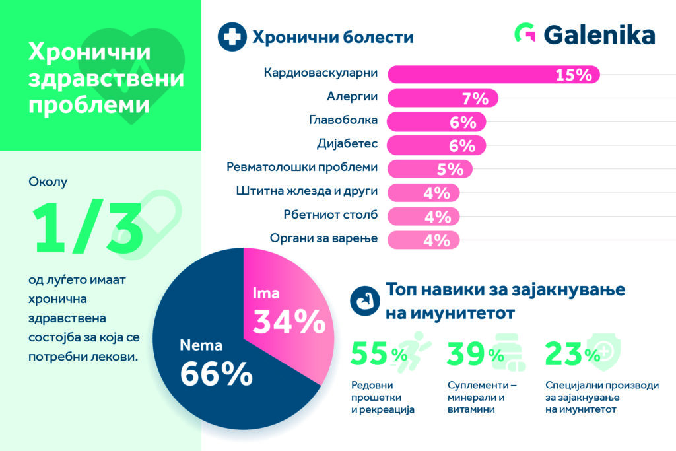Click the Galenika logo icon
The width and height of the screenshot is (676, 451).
click(x=525, y=35)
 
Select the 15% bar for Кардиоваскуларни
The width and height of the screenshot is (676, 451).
click(x=492, y=75)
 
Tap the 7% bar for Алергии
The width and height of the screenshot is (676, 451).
click(x=442, y=98)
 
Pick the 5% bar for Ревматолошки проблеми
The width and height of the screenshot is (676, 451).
click(x=429, y=169)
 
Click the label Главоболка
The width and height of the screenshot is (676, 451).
click(x=343, y=121)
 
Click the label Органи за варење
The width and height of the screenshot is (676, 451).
click(x=324, y=238)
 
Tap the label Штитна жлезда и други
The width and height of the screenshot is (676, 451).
click(x=306, y=191)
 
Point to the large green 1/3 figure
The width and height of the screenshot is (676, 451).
click(x=89, y=228)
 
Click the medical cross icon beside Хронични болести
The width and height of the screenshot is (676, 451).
click(x=231, y=37)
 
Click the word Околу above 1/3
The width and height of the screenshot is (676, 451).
click(x=48, y=180)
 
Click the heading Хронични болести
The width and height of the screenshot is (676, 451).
click(x=333, y=37)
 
